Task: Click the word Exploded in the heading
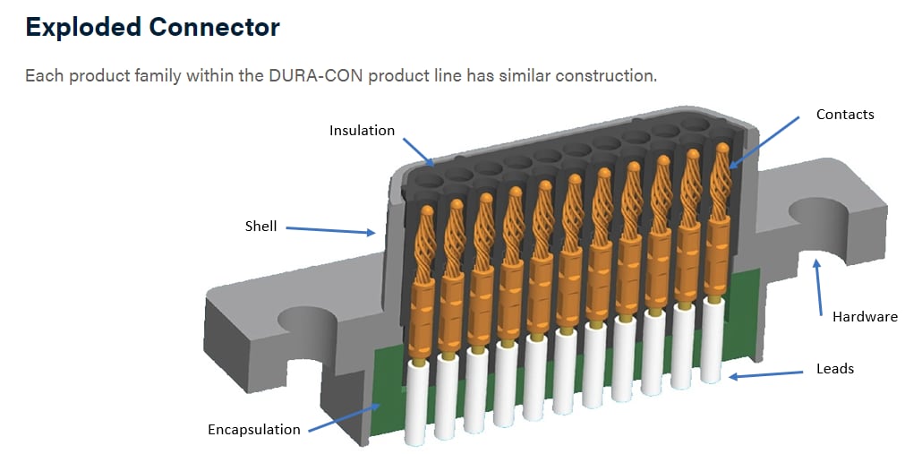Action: point(81,28)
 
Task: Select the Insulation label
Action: point(362,131)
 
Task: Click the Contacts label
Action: point(844,115)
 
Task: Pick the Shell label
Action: point(260,227)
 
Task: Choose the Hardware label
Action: point(864,316)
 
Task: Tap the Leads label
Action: point(834,368)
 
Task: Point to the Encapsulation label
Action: point(254,430)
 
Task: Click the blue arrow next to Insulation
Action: point(418,152)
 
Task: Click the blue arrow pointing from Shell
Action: point(330,230)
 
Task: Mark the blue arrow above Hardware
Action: point(817,287)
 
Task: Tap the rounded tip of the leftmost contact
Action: point(427,212)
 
